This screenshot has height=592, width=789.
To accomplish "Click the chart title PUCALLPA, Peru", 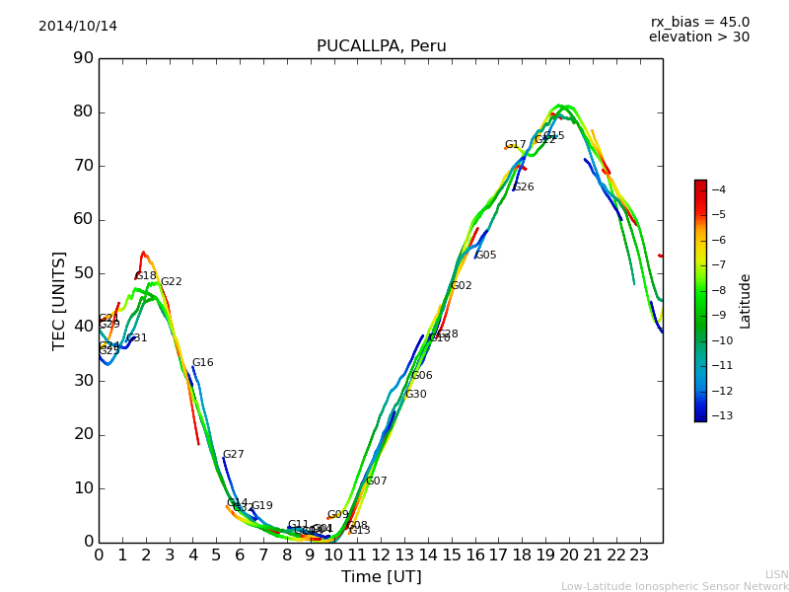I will click(381, 46).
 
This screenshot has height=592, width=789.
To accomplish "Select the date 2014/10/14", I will click(78, 27).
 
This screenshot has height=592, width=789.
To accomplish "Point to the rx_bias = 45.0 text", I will click(699, 23).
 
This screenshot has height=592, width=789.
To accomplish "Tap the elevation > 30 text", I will click(698, 37).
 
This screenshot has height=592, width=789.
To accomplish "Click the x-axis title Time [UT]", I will click(381, 577).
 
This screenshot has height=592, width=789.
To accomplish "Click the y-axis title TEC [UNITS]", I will click(59, 300).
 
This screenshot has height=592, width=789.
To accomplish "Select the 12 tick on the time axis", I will click(381, 555).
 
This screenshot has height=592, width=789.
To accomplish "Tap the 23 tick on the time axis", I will click(639, 555).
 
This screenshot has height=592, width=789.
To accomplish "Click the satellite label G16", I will click(202, 363).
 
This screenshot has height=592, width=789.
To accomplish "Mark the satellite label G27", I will click(233, 455).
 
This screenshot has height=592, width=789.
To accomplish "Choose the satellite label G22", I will click(171, 282).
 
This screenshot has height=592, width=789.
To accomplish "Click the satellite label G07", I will click(376, 481).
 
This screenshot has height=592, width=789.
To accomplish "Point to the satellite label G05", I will click(485, 256).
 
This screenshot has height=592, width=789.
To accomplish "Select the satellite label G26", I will click(523, 187).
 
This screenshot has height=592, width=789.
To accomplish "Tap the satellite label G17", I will click(515, 145).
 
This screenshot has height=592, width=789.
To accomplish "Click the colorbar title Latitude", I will click(746, 301).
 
